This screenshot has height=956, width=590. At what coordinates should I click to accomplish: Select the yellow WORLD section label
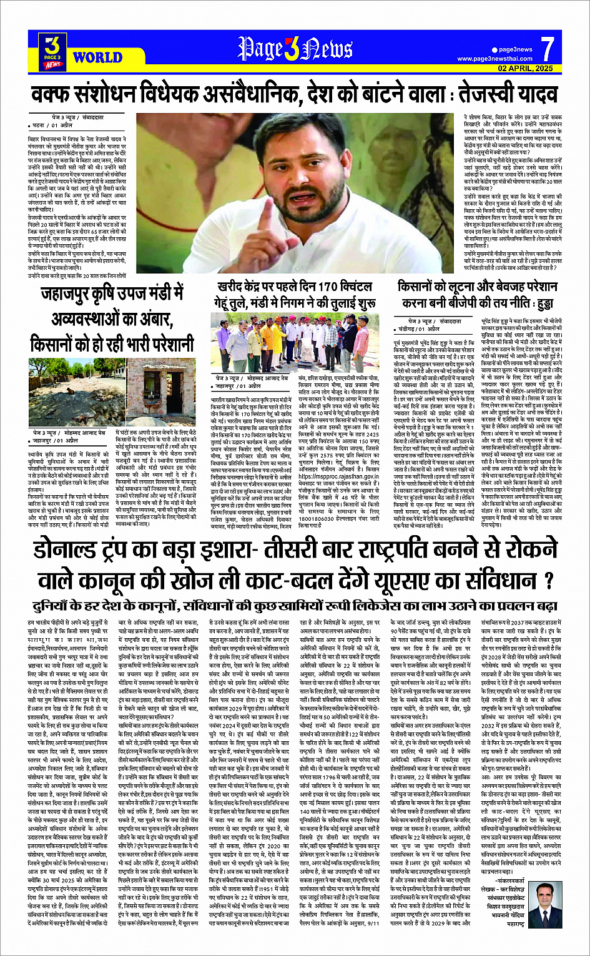(x=97, y=58)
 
